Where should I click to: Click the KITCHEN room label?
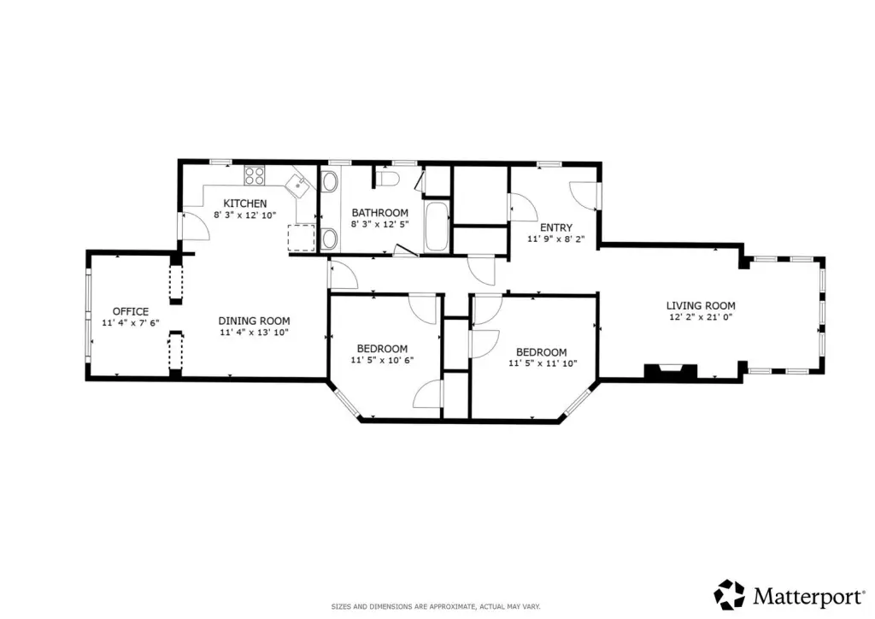[245, 203]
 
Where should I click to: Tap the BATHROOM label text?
[379, 213]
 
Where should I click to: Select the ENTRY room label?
[555, 227]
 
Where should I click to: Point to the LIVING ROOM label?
[701, 305]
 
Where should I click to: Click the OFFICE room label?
[131, 311]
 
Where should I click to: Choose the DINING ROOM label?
[254, 321]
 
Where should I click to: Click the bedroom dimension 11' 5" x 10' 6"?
[382, 360]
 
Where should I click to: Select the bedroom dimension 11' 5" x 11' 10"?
[543, 363]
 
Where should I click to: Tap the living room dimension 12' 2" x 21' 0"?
[701, 317]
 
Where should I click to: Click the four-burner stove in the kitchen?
[254, 176]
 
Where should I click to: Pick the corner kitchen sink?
[297, 184]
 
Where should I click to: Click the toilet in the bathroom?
[387, 178]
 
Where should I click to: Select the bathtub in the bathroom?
[437, 227]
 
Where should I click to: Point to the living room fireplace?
[671, 372]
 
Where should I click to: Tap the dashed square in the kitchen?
[302, 238]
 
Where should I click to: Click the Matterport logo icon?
[730, 594]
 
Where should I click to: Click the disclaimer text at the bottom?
[436, 606]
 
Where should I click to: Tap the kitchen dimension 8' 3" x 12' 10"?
[245, 215]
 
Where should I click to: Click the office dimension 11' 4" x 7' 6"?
[131, 322]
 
